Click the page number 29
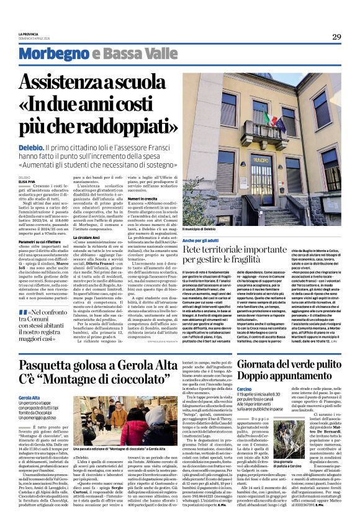pos(336,37)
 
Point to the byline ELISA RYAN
pos(28,181)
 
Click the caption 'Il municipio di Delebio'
pos(204,230)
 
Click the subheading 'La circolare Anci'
pos(89,237)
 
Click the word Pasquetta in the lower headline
pos(52,364)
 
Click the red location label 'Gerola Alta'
pos(29,397)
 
